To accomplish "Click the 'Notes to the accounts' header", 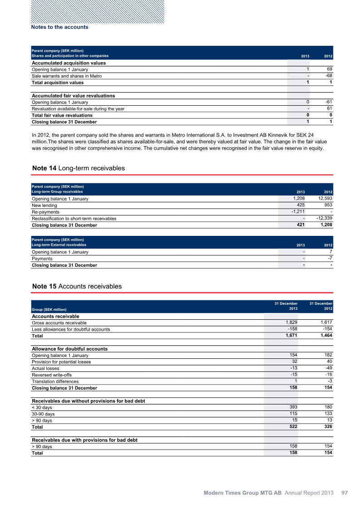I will tap(59, 27).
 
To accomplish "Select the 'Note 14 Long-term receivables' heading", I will tap(78, 168).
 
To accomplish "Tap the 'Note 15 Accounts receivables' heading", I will tap(77, 287).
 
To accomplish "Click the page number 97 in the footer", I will tap(344, 493).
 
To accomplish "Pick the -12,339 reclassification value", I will tap(323, 218).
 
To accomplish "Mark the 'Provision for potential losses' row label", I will tap(61, 362).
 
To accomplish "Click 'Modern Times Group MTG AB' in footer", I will tap(242, 493).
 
